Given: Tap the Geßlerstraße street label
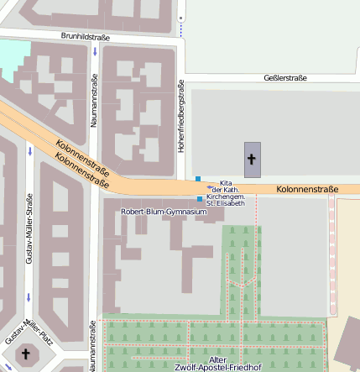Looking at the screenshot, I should [x=284, y=78].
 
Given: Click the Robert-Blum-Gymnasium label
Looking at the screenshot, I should [x=164, y=212].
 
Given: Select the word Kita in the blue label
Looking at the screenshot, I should [x=225, y=183].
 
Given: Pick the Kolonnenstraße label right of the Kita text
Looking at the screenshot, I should [x=306, y=190].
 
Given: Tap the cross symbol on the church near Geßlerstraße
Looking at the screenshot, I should [x=253, y=158].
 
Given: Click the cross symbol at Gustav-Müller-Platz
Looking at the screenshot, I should [x=25, y=355].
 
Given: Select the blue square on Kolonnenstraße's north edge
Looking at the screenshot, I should [x=198, y=179].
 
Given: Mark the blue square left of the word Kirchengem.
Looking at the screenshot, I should [x=200, y=199].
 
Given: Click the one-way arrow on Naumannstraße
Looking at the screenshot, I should [x=95, y=53].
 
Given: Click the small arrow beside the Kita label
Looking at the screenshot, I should [x=210, y=187].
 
